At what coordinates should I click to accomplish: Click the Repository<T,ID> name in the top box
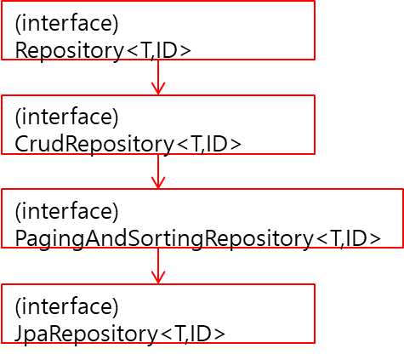coord(103,51)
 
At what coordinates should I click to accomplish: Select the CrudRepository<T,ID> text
coord(128,145)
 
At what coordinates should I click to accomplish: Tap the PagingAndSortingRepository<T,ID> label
coord(198,239)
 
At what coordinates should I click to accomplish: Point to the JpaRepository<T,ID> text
coord(120,334)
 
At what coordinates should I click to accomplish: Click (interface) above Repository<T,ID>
coord(66,24)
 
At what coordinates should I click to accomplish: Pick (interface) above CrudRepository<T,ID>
coord(66,117)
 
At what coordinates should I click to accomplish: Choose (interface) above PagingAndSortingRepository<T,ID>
coord(66,212)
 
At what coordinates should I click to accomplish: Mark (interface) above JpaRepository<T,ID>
coord(66,306)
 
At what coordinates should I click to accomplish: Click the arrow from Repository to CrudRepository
coord(158,77)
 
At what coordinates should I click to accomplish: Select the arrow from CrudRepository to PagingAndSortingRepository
coord(158,172)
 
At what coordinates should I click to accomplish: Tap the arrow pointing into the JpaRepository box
coord(158,266)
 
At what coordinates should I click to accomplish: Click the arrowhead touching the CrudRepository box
coord(158,89)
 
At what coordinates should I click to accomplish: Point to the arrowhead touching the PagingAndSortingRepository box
coord(158,182)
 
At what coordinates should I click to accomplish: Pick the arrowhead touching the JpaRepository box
coord(158,277)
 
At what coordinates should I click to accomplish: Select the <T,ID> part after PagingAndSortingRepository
coord(349,239)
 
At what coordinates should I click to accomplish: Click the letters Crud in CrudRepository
coord(40,144)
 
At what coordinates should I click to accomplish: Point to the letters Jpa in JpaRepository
coord(32,334)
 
